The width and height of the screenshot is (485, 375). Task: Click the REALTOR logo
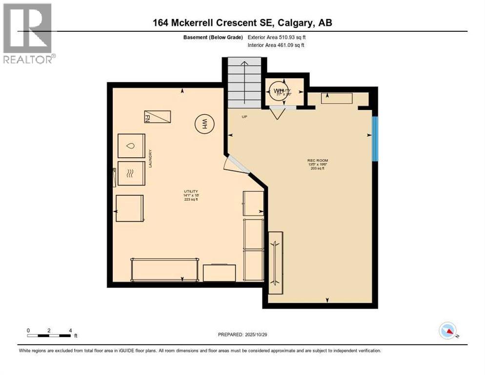coord(28,33)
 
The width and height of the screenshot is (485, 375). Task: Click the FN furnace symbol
coord(157,117)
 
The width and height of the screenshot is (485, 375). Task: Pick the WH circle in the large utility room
coord(203,123)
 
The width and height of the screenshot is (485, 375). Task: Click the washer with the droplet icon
coord(131,146)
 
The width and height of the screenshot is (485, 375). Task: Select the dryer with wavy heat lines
coord(131,173)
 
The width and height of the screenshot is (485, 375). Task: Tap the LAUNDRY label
coord(151,159)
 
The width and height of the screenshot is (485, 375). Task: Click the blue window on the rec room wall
coord(375,139)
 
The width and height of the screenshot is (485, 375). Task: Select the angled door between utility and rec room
coord(236,165)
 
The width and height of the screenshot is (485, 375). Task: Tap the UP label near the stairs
coord(244,117)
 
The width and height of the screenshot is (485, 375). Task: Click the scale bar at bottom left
coord(49,335)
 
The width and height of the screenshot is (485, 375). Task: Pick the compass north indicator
coord(447,331)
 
